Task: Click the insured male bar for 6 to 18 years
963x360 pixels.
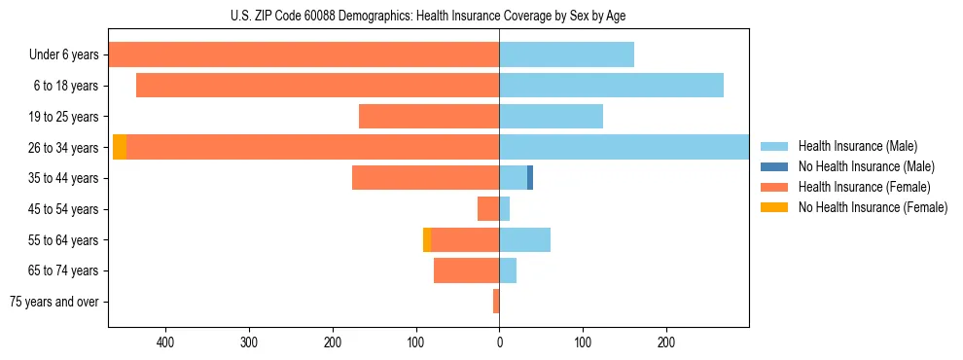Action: pos(611,86)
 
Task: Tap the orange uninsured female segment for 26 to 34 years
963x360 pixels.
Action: pos(120,147)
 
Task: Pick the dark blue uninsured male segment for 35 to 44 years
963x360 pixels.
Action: pos(530,178)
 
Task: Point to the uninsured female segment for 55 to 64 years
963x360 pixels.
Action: pos(427,239)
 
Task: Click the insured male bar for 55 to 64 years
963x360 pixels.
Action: pos(524,239)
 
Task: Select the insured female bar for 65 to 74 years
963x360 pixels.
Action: pos(466,270)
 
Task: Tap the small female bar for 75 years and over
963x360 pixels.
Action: pos(496,302)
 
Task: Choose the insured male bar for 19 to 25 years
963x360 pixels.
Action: pos(551,117)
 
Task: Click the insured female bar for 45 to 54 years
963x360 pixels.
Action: pos(488,208)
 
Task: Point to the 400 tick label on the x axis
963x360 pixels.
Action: pos(164,342)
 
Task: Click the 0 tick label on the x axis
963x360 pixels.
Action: pos(499,342)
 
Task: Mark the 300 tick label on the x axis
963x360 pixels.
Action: pos(248,342)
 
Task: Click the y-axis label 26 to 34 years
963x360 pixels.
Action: pos(63,148)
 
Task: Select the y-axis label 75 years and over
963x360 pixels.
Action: pos(54,302)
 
